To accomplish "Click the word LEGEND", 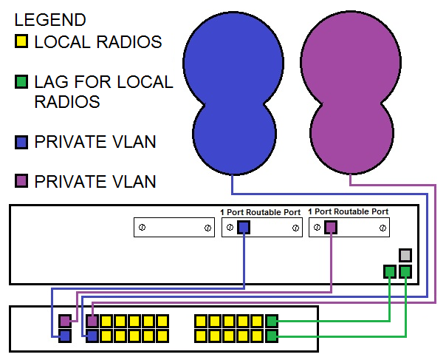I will (50, 20).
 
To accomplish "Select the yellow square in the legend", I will (21, 42).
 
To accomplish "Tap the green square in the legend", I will (21, 81).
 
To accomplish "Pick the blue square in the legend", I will (21, 142).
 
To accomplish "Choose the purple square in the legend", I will (21, 180).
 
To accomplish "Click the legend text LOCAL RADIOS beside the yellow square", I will (97, 42).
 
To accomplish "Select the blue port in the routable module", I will (244, 228).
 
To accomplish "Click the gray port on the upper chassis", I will (405, 256).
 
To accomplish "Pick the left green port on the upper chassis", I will (390, 271).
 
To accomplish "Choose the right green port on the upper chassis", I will (405, 271).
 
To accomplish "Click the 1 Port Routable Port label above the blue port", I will (261, 212).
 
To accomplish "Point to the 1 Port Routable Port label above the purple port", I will (349, 212).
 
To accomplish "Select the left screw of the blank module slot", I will (142, 228).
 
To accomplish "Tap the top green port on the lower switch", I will (272, 322).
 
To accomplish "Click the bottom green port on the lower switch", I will (272, 336).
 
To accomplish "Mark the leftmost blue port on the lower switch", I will (65, 336).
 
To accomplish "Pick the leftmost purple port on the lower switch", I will (65, 322).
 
